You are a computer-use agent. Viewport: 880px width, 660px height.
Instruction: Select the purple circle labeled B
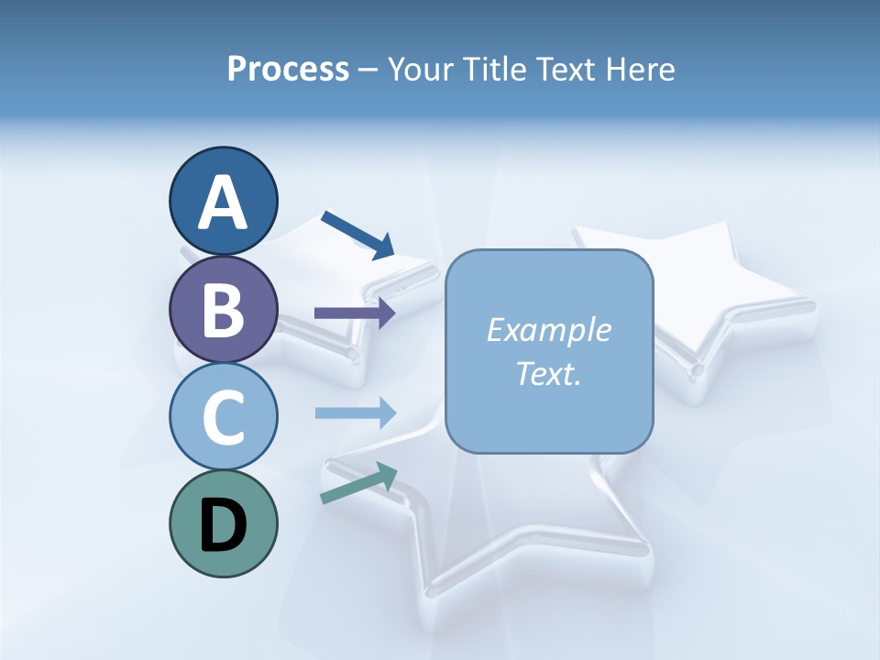point(223,309)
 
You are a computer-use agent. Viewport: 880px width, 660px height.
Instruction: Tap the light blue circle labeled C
point(223,416)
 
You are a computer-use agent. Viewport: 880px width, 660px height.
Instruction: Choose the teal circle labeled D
point(223,523)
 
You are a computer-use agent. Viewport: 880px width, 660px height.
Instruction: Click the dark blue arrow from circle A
point(357,235)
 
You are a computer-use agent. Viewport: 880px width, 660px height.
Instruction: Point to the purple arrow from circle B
point(355,313)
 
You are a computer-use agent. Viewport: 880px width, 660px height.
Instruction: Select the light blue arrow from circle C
point(355,413)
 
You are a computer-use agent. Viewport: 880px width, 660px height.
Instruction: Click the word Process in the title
point(288,69)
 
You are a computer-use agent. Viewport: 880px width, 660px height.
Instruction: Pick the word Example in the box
point(548,330)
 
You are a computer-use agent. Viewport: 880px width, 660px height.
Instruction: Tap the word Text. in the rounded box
point(548,374)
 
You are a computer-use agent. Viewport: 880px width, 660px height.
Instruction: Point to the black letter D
point(223,526)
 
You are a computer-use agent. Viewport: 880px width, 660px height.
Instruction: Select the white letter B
point(223,310)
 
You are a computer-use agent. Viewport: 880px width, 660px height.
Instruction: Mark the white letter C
point(223,418)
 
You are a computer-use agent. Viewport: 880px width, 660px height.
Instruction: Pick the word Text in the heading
point(566,69)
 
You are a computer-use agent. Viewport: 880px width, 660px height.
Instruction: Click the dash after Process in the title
point(368,70)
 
